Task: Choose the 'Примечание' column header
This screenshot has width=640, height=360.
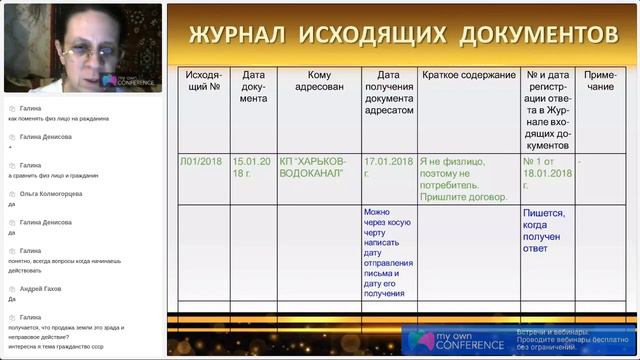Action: (600, 81)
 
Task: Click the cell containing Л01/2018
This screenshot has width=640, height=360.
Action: (202, 160)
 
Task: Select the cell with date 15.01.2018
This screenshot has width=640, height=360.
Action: (252, 166)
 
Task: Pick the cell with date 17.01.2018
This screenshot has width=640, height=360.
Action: (388, 166)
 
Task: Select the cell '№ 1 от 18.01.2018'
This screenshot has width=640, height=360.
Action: (547, 166)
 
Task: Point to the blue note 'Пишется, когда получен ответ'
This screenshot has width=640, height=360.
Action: (547, 232)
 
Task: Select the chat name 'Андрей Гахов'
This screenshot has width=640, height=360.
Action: (41, 288)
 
